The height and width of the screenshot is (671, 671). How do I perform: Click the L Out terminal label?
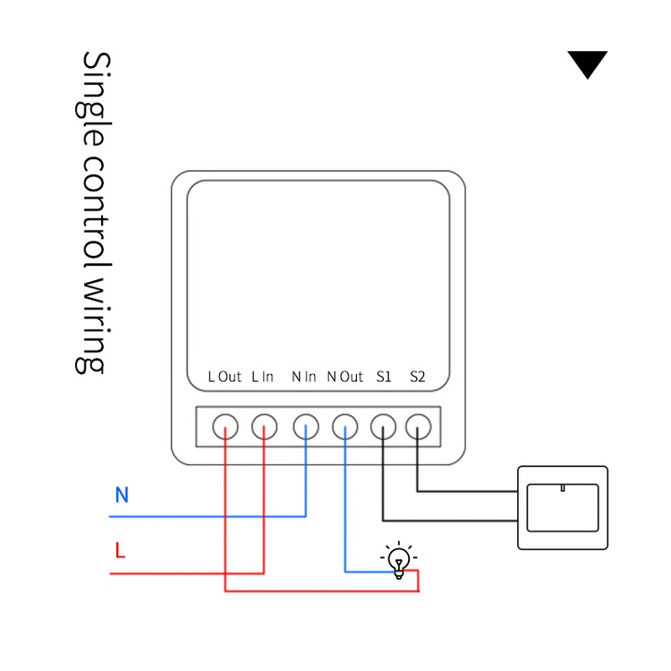(x=225, y=377)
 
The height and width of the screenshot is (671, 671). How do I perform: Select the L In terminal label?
(x=262, y=377)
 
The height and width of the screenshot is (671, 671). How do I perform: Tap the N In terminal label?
(x=304, y=377)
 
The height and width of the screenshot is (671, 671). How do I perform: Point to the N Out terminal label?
(x=345, y=377)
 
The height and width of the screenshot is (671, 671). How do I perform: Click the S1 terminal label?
(x=384, y=377)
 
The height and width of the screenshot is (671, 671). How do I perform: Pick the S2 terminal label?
(x=417, y=377)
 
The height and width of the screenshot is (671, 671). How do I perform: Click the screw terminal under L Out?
(x=225, y=427)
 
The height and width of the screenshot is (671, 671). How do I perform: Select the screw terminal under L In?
(x=264, y=427)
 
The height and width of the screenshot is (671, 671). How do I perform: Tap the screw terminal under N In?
(x=306, y=427)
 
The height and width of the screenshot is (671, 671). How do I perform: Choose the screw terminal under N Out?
(x=345, y=427)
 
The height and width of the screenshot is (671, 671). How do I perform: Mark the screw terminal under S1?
(x=383, y=427)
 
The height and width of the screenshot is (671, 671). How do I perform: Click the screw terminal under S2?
(x=417, y=427)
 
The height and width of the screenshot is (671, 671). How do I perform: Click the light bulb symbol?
(x=399, y=560)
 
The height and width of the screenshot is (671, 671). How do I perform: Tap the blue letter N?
(x=122, y=495)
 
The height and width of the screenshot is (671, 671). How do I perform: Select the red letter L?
(x=120, y=550)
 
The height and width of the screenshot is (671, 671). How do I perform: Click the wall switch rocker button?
(x=562, y=507)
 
